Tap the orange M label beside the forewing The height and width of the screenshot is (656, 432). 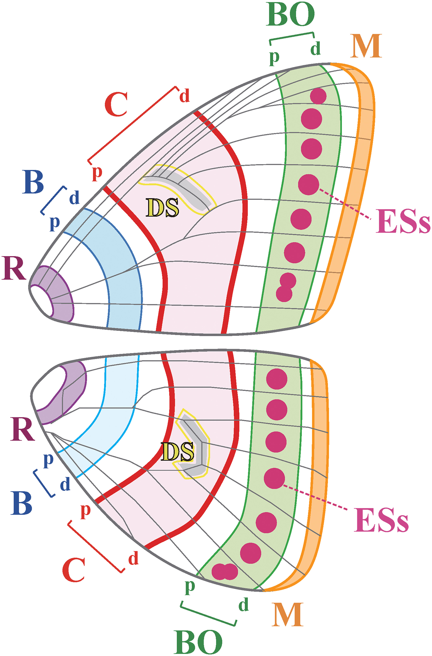[x=366, y=46]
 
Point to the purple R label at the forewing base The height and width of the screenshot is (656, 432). [x=14, y=268]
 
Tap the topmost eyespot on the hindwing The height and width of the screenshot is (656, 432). [x=276, y=379]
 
